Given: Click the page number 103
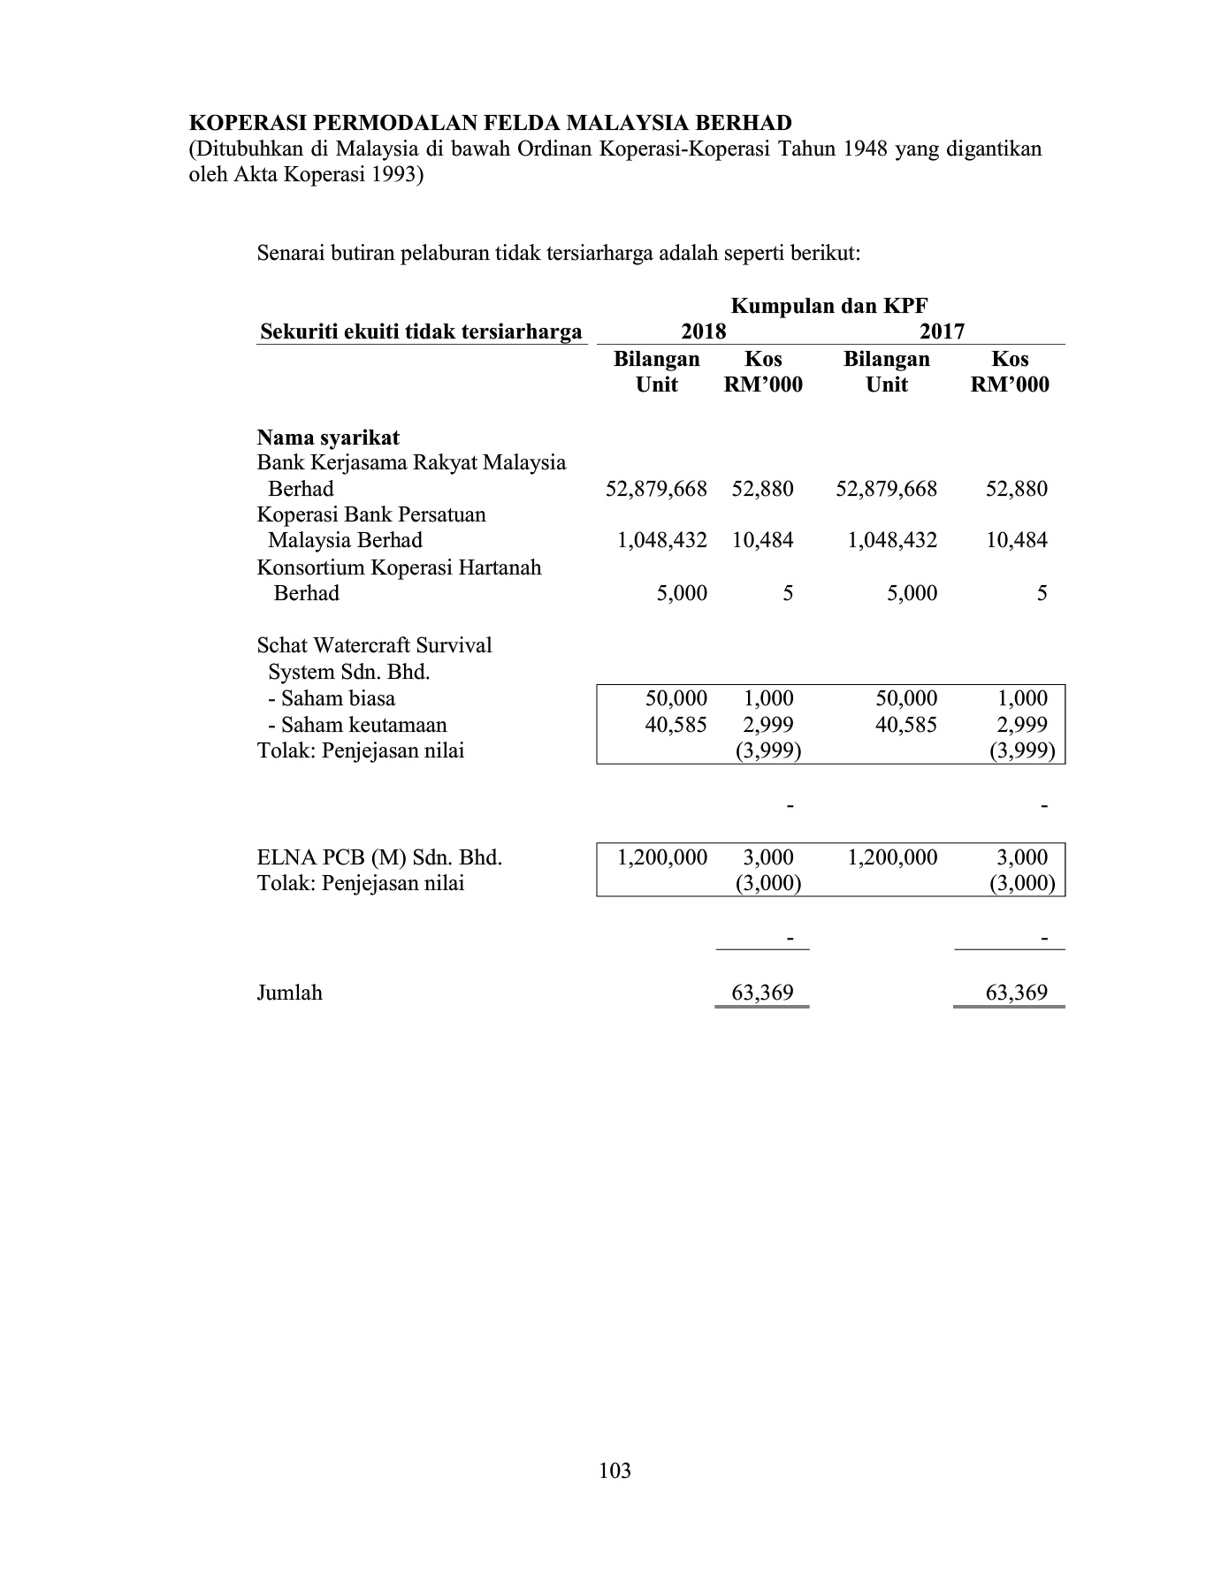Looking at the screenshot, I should coord(614,1471).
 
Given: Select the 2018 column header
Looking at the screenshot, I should coord(704,331).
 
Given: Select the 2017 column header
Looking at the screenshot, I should coord(942,331).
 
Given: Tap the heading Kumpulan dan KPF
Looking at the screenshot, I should coord(829,306).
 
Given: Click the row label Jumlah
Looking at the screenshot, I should coord(289,993).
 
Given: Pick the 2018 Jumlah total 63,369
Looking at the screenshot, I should coord(762,993).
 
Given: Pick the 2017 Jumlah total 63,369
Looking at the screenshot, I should coord(1017,993).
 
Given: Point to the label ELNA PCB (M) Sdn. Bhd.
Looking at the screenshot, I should coord(379,857).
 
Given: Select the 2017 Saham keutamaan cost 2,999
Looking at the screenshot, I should coord(1023,725).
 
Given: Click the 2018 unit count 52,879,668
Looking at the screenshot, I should coord(656,489).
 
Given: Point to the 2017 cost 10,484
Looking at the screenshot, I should coord(1017,540).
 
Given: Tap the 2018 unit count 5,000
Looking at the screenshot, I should coord(682,593).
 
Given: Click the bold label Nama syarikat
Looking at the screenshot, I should coord(328,438).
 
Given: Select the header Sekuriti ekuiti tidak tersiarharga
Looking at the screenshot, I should coord(421,332).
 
